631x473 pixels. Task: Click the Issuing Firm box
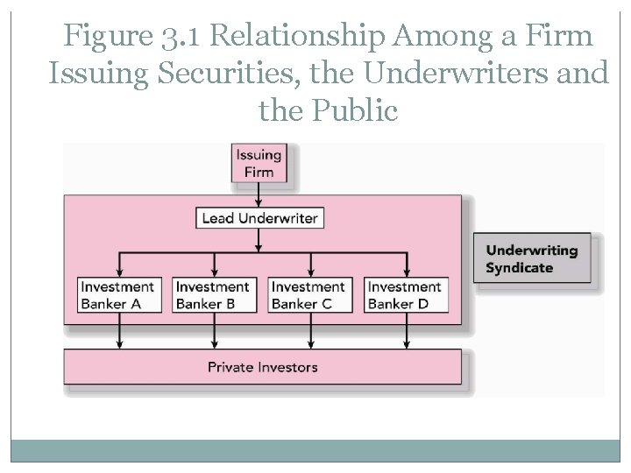(x=259, y=163)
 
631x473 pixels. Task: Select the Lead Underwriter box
(x=259, y=217)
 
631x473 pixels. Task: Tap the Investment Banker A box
(x=117, y=294)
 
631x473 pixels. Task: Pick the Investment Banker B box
(x=212, y=294)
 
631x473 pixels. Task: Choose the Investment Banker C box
(x=308, y=294)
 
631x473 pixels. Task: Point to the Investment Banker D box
(x=405, y=294)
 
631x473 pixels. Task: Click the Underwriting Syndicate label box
(x=532, y=258)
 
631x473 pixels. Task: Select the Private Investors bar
(x=262, y=366)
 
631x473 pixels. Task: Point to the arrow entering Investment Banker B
(x=214, y=265)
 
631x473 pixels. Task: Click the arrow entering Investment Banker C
(x=309, y=265)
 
